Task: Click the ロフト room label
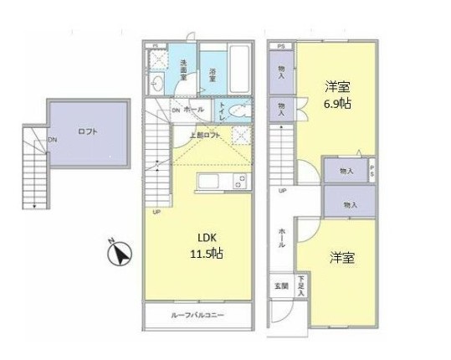coord(88,131)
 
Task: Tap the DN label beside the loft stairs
coord(52,140)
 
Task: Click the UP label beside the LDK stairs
coord(156,212)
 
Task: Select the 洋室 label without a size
coord(341,257)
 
